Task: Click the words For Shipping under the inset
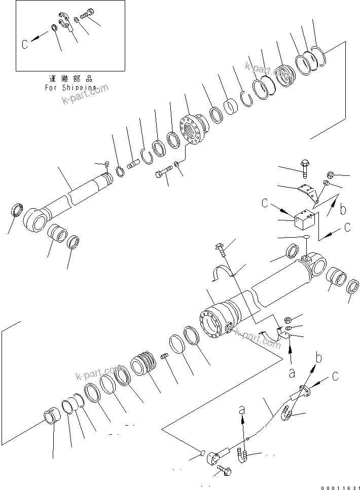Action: pos(70,87)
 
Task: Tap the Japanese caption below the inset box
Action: pos(70,79)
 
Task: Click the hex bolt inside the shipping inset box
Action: pos(88,13)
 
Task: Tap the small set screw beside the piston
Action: pos(164,358)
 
